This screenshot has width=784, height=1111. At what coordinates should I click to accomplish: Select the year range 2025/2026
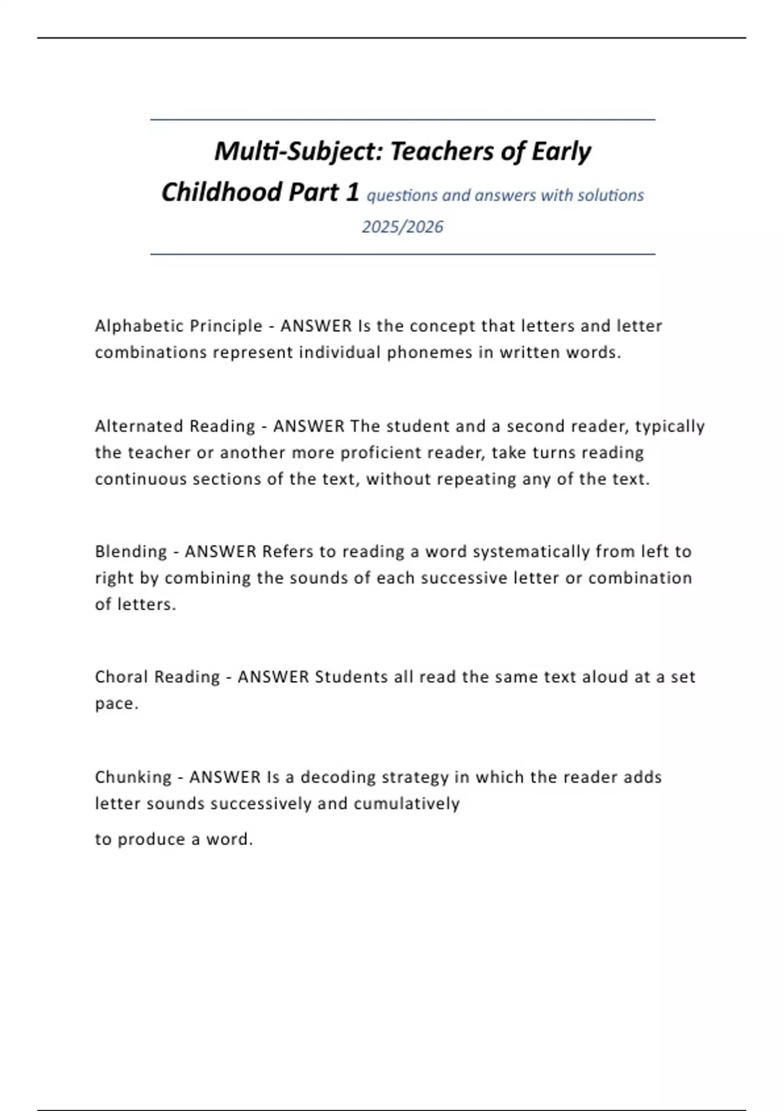(402, 227)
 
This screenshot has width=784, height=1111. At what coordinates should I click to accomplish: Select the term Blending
(131, 552)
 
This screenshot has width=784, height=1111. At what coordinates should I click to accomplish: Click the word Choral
(120, 677)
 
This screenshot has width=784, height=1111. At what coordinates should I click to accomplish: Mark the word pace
(114, 704)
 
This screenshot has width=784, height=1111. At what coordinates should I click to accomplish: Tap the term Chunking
(133, 777)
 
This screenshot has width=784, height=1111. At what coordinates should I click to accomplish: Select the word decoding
(338, 777)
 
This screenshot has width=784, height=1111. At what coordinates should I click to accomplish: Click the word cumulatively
(406, 803)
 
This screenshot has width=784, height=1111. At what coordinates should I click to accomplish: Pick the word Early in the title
(561, 152)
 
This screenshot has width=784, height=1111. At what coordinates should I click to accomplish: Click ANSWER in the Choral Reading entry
(273, 677)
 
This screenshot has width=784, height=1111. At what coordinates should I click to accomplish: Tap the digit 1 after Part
(353, 192)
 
